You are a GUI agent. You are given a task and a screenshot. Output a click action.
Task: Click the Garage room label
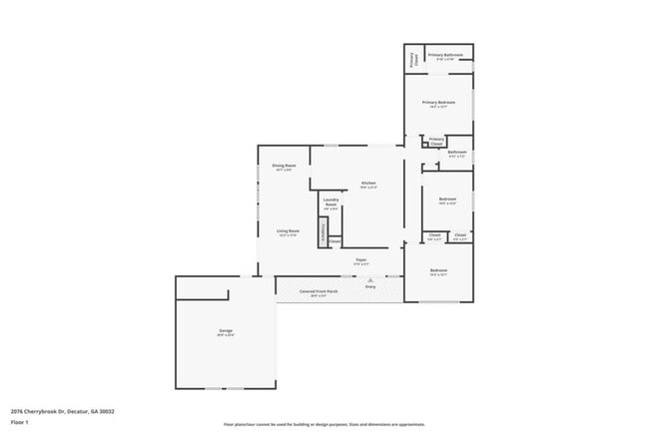click(227, 329)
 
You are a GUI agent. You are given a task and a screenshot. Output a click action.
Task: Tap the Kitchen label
click(368, 183)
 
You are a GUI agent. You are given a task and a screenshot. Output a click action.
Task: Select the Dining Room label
click(284, 166)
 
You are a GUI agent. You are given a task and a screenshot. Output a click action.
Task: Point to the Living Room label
click(289, 230)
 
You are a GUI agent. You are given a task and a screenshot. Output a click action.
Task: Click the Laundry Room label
click(331, 202)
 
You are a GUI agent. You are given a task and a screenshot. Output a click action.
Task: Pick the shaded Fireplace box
click(323, 233)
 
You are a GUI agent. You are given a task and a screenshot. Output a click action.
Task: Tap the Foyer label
click(361, 259)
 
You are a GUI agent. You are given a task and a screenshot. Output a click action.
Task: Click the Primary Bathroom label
click(445, 55)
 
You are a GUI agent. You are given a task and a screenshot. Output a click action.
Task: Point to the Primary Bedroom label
click(438, 102)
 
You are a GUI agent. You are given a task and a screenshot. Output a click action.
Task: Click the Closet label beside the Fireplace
click(334, 240)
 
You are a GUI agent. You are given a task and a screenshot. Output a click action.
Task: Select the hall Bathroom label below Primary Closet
click(456, 152)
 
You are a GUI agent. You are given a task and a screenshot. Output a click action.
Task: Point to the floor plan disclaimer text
click(324, 424)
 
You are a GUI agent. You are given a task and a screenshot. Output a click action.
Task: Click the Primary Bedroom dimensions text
click(438, 107)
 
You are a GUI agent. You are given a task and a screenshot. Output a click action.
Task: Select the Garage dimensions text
click(227, 334)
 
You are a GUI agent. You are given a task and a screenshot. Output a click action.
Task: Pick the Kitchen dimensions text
click(368, 188)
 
